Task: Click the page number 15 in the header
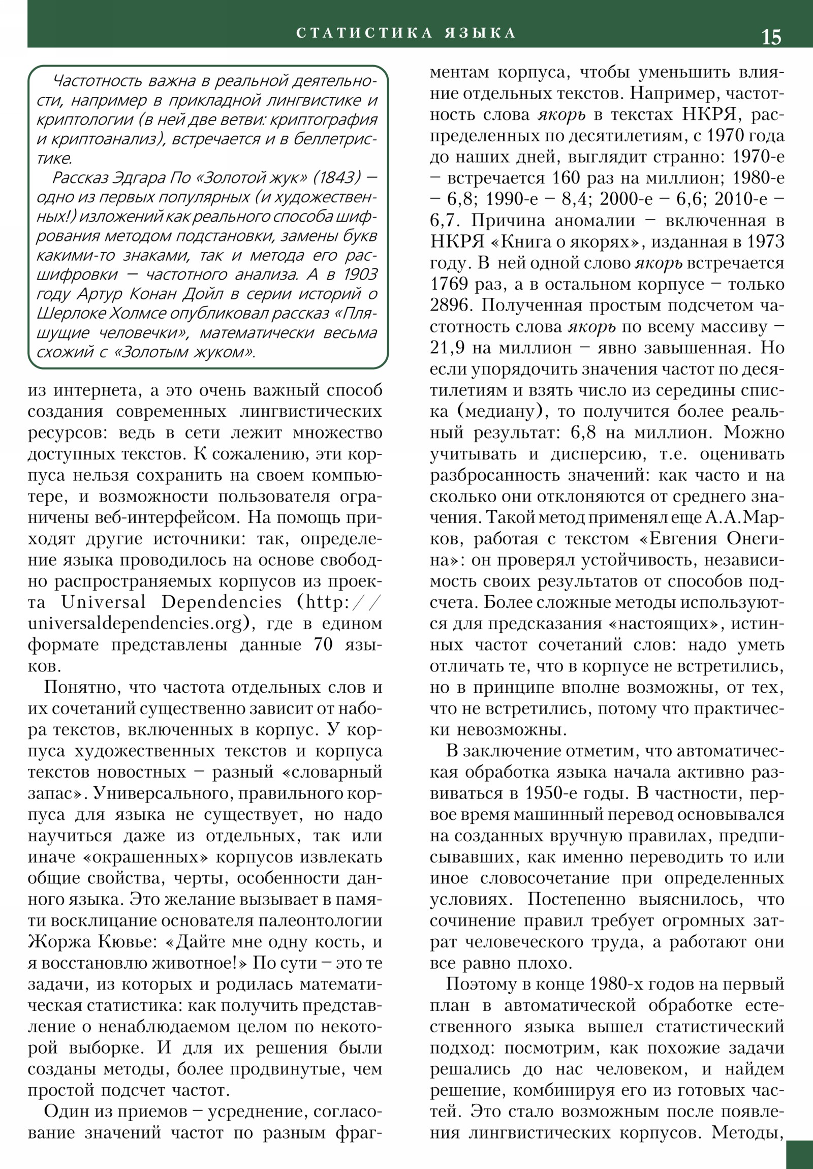coord(771,38)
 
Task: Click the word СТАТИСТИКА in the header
coord(364,33)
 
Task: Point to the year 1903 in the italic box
coord(360,274)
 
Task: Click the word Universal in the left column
coord(103,602)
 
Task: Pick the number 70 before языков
coord(323,644)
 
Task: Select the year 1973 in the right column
coord(765,242)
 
